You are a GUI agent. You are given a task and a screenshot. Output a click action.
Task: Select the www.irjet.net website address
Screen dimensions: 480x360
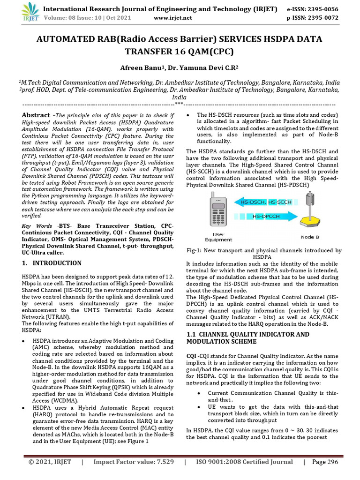pos(173,18)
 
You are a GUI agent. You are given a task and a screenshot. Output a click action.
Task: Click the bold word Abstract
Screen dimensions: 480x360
pos(36,115)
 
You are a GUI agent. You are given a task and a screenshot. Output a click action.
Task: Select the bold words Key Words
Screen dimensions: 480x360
pos(38,226)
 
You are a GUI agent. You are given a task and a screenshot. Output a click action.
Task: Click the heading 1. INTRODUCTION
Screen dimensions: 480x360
pos(52,263)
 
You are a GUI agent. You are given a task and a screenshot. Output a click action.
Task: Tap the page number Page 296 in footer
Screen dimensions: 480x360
pos(325,462)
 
